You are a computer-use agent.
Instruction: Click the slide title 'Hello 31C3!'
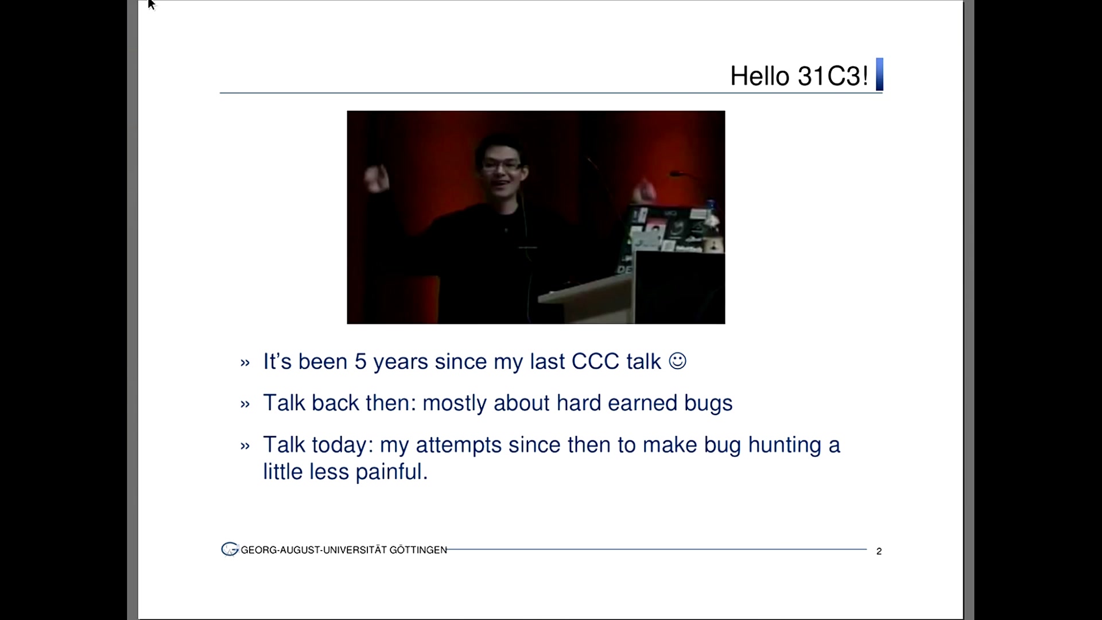click(x=799, y=76)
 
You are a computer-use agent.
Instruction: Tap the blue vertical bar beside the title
click(x=879, y=75)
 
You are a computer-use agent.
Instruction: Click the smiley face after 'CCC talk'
click(x=678, y=361)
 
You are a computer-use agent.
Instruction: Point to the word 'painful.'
click(x=391, y=472)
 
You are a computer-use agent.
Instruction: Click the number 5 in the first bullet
click(x=360, y=362)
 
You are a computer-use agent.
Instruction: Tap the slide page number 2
click(x=879, y=551)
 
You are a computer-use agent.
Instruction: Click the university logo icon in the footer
click(x=230, y=549)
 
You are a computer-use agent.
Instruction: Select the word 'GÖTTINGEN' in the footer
click(x=418, y=550)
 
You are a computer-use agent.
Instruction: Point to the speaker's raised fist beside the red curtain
click(x=377, y=178)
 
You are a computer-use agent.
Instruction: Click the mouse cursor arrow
click(x=152, y=5)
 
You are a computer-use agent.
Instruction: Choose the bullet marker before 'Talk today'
click(x=245, y=446)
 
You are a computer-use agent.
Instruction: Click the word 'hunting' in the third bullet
click(x=785, y=445)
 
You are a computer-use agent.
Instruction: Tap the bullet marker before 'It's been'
click(x=245, y=363)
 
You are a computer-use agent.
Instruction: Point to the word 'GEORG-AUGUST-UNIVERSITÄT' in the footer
click(x=314, y=550)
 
